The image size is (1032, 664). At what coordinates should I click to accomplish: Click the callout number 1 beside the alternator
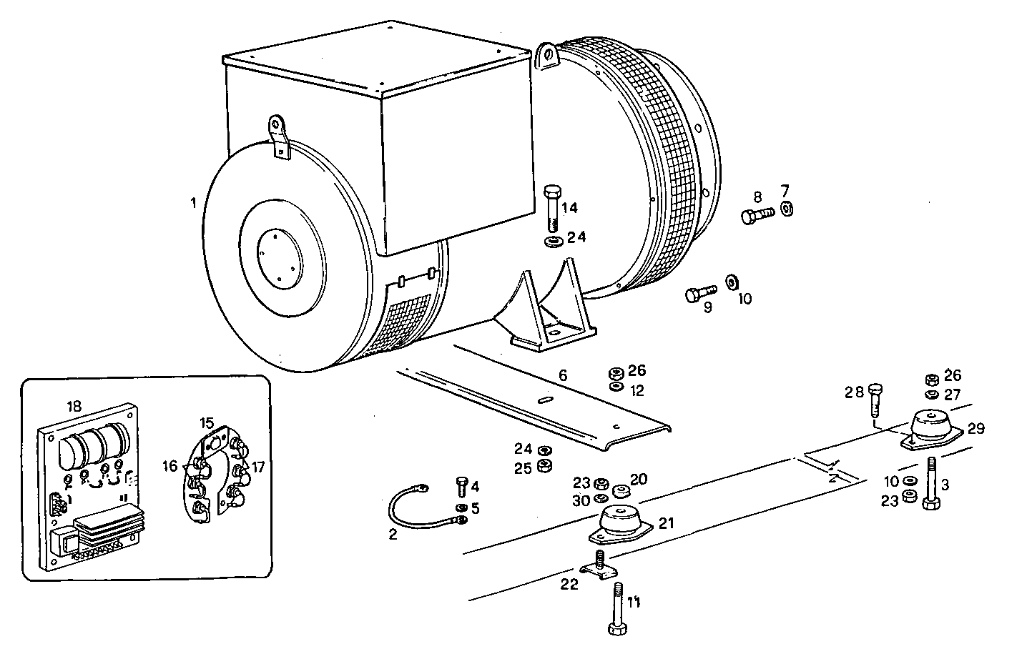tap(193, 203)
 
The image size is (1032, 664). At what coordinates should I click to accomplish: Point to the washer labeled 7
tap(786, 209)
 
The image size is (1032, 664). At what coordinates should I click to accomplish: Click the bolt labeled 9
tap(699, 294)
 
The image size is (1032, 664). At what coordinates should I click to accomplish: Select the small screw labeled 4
tap(461, 486)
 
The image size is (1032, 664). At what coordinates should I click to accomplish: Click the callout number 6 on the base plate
tap(563, 375)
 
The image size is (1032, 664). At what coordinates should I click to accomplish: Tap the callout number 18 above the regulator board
tap(74, 406)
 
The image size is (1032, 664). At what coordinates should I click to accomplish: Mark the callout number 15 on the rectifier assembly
tap(207, 423)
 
